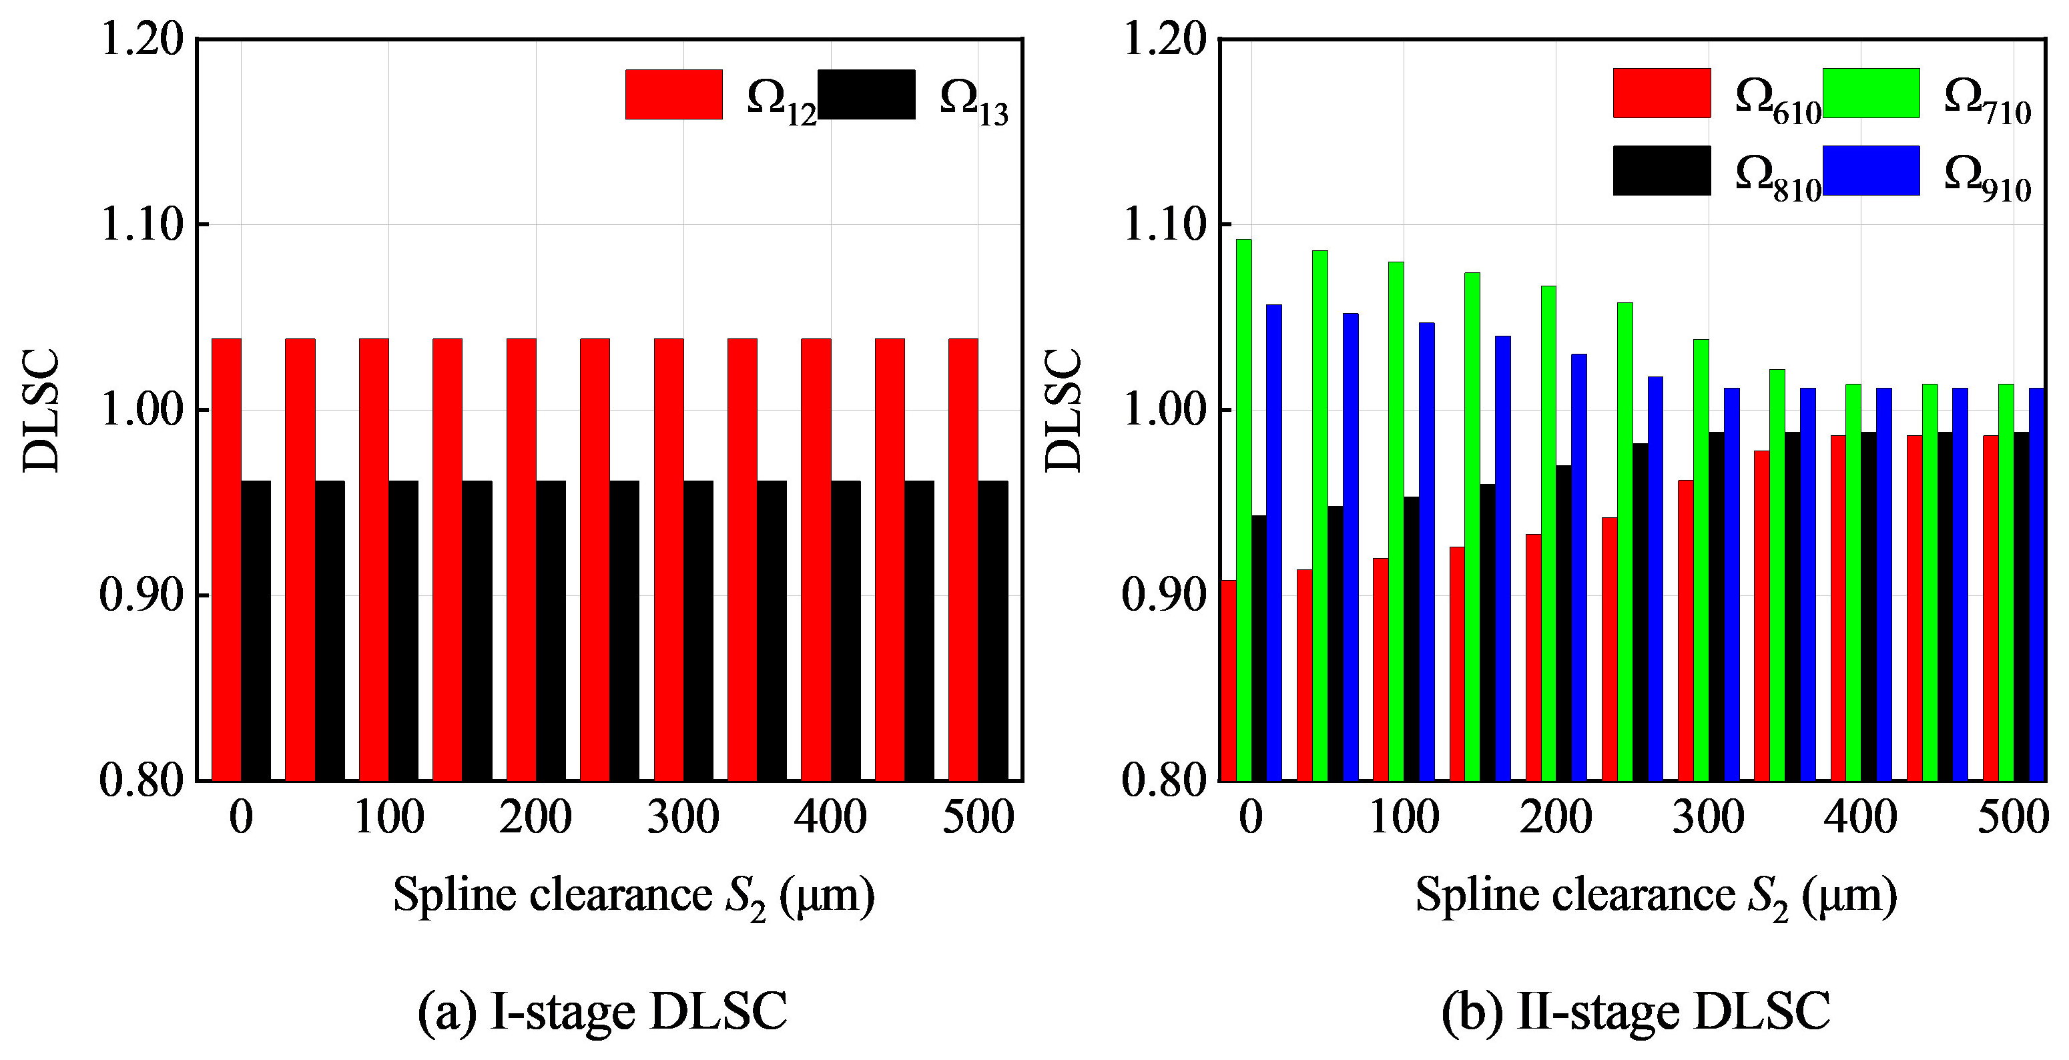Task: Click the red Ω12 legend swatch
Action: point(674,95)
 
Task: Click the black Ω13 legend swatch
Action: point(866,95)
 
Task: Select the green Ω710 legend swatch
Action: point(1871,93)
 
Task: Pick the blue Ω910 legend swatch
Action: point(1871,170)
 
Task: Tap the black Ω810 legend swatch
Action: point(1662,170)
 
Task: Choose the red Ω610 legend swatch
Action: point(1662,93)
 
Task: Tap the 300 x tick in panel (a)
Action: point(683,818)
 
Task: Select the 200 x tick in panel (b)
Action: point(1556,818)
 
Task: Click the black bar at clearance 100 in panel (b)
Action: point(1411,638)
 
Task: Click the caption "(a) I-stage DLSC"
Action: point(603,1012)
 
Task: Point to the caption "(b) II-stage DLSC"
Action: point(1635,1012)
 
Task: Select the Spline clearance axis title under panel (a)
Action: point(633,895)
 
